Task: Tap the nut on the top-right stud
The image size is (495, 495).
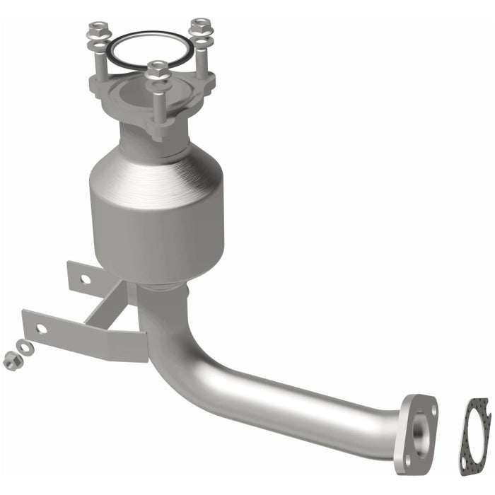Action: [201, 25]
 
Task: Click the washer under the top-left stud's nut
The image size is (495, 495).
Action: [98, 44]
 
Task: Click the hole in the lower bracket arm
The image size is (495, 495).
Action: [42, 329]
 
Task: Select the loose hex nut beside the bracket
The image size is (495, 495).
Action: [11, 360]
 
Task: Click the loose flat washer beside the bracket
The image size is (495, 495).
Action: [26, 347]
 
